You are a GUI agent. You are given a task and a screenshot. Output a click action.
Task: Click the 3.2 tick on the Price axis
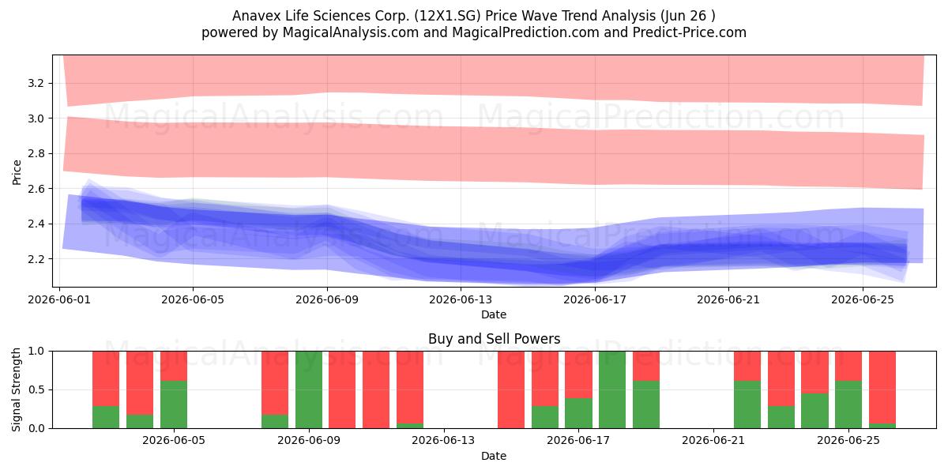tap(36, 83)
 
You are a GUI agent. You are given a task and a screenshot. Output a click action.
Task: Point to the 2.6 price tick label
tap(36, 189)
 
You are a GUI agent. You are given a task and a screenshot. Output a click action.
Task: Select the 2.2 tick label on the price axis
tap(36, 259)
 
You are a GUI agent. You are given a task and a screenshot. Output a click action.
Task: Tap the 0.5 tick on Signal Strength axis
tap(36, 389)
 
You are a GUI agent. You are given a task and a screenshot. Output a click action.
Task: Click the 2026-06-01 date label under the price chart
tap(59, 299)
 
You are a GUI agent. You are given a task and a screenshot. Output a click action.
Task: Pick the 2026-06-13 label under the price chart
tap(461, 299)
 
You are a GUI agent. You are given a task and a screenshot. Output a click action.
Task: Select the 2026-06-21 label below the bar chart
tap(713, 441)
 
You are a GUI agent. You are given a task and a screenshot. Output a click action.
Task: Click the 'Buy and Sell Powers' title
tap(494, 339)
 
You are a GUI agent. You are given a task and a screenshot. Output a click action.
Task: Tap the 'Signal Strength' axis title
tap(16, 389)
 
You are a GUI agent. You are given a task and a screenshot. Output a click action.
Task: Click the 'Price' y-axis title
tap(17, 172)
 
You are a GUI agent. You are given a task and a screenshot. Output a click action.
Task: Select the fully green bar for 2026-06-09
tap(309, 389)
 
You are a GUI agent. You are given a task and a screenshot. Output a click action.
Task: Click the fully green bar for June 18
tap(612, 389)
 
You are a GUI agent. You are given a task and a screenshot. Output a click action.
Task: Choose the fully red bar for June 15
tap(511, 389)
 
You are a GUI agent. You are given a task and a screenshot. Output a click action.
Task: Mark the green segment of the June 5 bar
tap(174, 404)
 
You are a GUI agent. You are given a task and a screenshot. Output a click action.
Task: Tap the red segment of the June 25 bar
tap(848, 366)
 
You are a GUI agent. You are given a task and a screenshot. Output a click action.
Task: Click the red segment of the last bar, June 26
tap(882, 387)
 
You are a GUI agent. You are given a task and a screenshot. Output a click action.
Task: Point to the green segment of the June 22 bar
tap(747, 404)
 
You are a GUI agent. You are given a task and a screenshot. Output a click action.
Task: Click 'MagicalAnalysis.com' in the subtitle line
tap(351, 32)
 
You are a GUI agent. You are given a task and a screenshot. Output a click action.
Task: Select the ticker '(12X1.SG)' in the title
tap(447, 16)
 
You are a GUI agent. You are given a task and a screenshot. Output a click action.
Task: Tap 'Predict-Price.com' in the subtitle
tap(690, 32)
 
